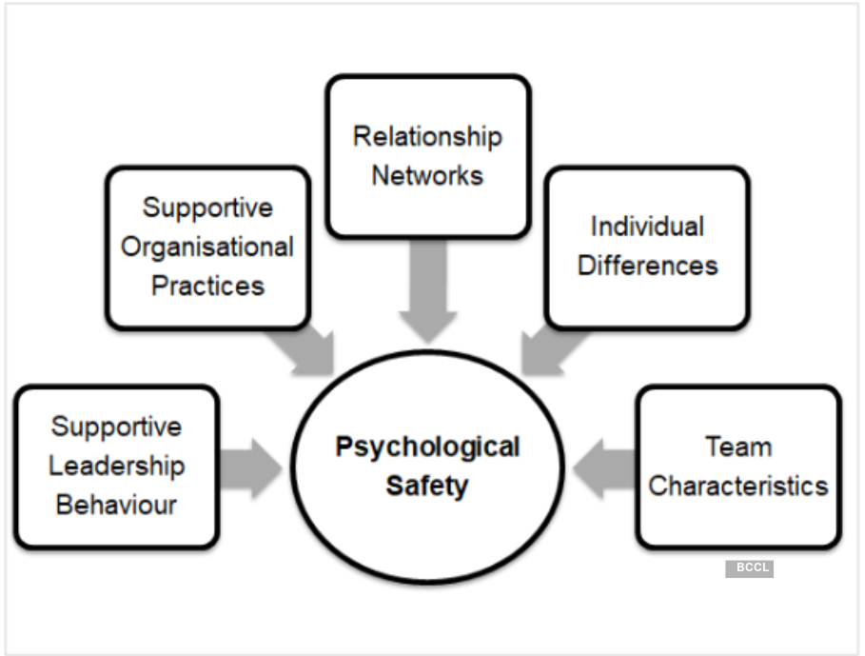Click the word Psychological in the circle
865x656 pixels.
pyautogui.click(x=427, y=447)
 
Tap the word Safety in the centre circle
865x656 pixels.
pyautogui.click(x=427, y=487)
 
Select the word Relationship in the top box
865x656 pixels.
pyautogui.click(x=427, y=136)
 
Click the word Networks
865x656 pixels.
pyautogui.click(x=427, y=175)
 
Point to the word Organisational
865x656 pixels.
pyautogui.click(x=207, y=248)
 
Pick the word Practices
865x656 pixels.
pyautogui.click(x=207, y=286)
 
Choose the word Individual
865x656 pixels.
pyautogui.click(x=647, y=227)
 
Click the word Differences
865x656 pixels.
pyautogui.click(x=647, y=265)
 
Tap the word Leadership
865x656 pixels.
pyautogui.click(x=117, y=466)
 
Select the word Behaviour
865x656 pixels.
pyautogui.click(x=117, y=504)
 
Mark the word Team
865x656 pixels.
pyautogui.click(x=738, y=447)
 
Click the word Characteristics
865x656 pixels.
pyautogui.click(x=738, y=486)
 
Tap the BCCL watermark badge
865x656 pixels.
pyautogui.click(x=750, y=568)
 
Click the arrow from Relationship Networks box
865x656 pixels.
pyautogui.click(x=427, y=290)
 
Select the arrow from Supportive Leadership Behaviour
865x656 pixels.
pyautogui.click(x=252, y=467)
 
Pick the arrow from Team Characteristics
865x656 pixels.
pyautogui.click(x=605, y=467)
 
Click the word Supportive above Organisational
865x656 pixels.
pyautogui.click(x=207, y=208)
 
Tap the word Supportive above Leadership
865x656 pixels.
pyautogui.click(x=117, y=426)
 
